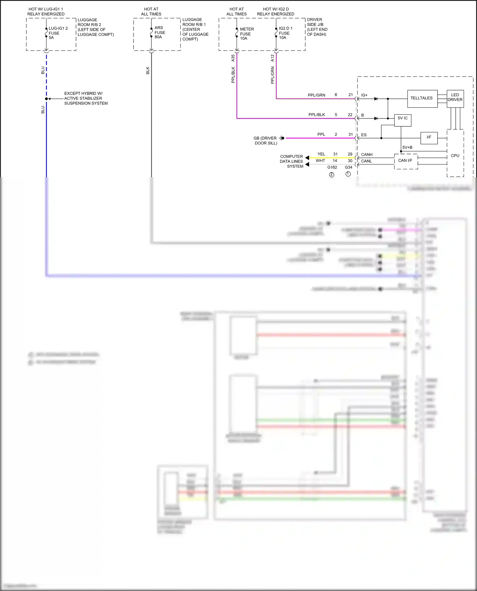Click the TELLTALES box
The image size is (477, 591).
(x=422, y=98)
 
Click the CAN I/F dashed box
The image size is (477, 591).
(x=405, y=161)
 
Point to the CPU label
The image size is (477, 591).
(x=455, y=156)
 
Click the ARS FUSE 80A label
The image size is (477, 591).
(x=160, y=32)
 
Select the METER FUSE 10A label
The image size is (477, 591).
(x=246, y=34)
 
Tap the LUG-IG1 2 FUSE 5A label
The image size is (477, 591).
(x=58, y=33)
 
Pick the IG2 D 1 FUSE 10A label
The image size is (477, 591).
(x=285, y=33)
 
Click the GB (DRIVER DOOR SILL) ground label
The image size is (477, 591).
(x=265, y=141)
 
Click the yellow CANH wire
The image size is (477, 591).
(x=331, y=158)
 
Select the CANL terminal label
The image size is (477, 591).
(x=366, y=161)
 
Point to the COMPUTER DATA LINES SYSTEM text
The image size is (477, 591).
(x=291, y=161)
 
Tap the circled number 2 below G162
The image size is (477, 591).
(x=332, y=175)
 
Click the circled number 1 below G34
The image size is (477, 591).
(x=348, y=174)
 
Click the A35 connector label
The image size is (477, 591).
(x=233, y=58)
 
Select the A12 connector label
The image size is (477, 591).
(x=272, y=58)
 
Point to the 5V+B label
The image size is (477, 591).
(x=407, y=147)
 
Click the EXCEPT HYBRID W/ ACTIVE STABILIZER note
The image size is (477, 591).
(x=86, y=98)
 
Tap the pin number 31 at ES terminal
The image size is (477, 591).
(x=350, y=134)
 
